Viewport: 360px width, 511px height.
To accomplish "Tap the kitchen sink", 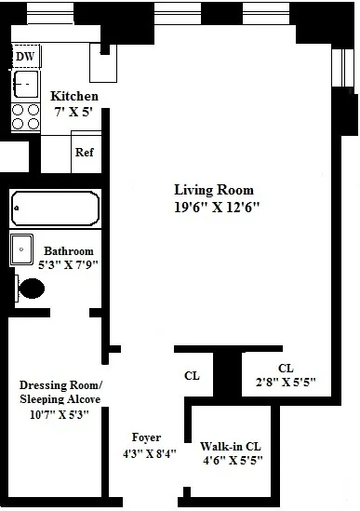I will coord(24,85).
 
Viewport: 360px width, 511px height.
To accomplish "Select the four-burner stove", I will coord(25,115).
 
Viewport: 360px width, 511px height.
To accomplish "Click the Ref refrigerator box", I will coord(85,153).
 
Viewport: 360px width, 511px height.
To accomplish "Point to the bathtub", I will coord(55,209).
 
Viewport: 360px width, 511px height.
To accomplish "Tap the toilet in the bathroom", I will coord(31,289).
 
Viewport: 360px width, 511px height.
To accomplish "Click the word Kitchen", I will coord(74,97).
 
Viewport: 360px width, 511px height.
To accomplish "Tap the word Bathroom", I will coord(69,251).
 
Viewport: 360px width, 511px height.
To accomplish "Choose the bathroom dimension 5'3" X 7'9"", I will coord(67,264).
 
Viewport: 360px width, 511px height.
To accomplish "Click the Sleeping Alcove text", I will coord(60,399).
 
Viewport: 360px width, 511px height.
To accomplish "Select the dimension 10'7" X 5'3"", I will coord(59,414).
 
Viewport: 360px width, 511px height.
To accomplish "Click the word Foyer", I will coord(147,437).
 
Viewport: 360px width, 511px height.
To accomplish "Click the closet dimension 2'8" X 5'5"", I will coord(285,381).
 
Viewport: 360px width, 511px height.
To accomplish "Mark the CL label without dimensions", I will coord(193,377).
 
